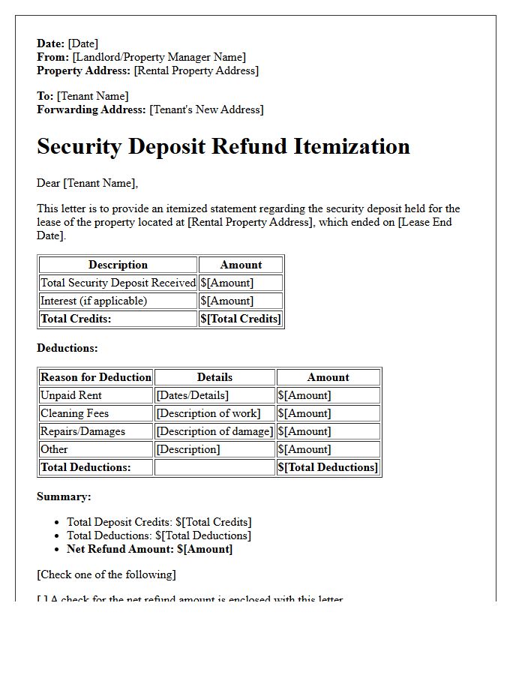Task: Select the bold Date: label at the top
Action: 51,43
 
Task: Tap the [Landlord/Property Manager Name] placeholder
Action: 159,57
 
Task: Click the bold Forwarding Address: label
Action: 91,109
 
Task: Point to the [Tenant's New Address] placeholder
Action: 206,109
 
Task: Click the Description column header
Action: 118,265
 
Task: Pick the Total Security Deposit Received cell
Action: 118,283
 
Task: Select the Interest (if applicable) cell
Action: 94,301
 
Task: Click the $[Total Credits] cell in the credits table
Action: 241,319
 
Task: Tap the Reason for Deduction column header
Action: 96,377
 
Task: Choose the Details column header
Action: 214,377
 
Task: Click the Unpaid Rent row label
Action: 71,395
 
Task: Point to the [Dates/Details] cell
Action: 192,395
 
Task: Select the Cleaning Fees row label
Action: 74,413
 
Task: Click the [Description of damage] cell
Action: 214,431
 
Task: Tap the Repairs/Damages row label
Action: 82,431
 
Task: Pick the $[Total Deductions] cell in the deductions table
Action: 328,467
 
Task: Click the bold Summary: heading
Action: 64,496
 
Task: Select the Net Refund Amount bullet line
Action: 149,549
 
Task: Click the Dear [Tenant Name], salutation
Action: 87,183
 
